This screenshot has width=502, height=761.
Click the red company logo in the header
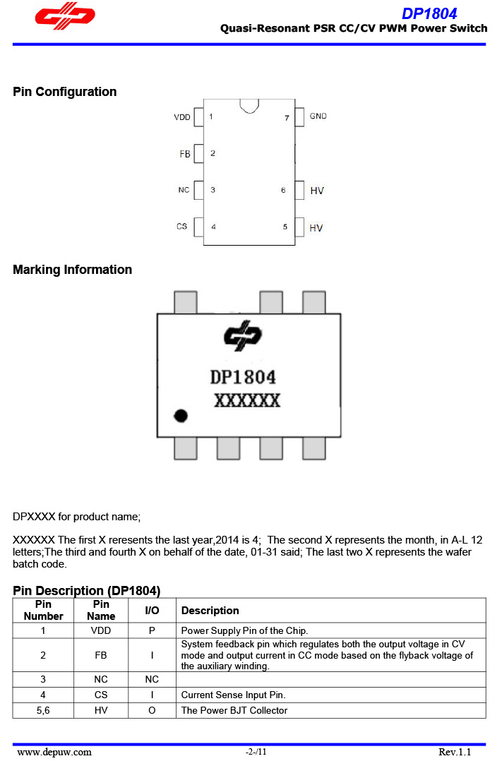[65, 16]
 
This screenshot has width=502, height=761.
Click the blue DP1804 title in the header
[429, 13]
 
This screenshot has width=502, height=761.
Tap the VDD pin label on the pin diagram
[182, 117]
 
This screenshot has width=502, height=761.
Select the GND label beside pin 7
[318, 116]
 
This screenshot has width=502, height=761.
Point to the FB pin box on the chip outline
[198, 153]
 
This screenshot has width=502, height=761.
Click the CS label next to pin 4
[181, 226]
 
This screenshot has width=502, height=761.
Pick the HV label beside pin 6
[317, 191]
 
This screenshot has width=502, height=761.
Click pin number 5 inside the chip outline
[285, 227]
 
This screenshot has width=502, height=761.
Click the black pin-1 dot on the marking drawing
[181, 416]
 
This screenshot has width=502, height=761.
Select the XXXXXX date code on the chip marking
[247, 401]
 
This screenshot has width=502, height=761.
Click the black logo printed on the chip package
[243, 335]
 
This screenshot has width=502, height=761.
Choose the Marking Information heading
[72, 270]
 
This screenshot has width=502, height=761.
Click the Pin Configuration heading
[64, 92]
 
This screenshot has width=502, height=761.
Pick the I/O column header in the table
[152, 611]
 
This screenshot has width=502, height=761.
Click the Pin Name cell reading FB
[101, 655]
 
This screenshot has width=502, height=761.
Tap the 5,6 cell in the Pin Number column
[43, 710]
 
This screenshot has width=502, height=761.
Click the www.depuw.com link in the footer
[54, 753]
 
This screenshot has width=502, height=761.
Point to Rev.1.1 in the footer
[455, 753]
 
